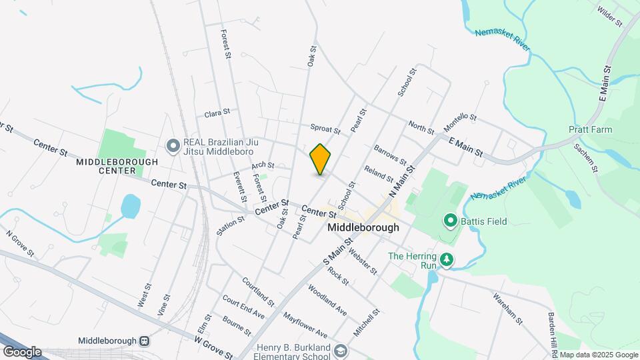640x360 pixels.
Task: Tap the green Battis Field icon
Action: coord(450,221)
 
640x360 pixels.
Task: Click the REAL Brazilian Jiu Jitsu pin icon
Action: coord(173,145)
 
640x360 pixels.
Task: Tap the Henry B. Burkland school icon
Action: coord(341,350)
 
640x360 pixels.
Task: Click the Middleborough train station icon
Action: coord(143,339)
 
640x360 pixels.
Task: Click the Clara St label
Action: coord(217,113)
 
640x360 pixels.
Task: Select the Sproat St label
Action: coord(325,128)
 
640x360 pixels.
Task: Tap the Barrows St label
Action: coord(391,154)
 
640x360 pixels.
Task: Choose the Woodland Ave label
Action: coord(327,300)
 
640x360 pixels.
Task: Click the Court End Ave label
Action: coord(243,306)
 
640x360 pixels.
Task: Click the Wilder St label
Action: coord(609,16)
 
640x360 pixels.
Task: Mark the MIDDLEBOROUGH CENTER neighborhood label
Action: coord(117,166)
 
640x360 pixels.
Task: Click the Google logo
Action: coord(22,351)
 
